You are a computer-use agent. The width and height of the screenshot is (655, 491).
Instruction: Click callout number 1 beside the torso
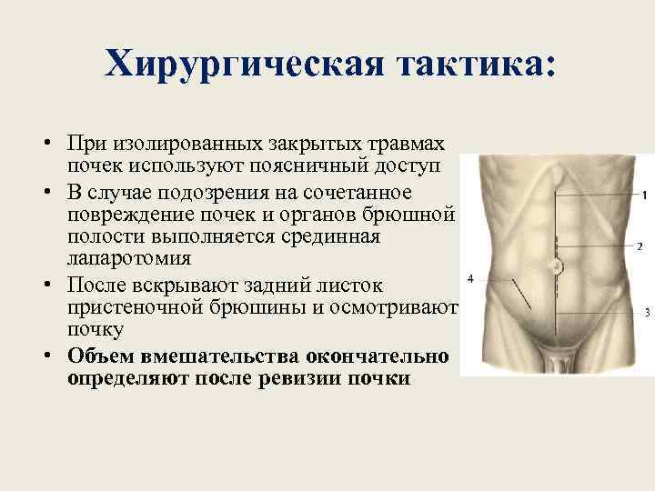(644, 195)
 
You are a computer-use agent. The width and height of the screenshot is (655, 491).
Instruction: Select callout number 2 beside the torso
(640, 246)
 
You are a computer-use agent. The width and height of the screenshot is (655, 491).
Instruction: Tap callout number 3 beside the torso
(646, 313)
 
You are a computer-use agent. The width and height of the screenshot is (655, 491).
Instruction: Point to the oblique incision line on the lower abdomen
(522, 295)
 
